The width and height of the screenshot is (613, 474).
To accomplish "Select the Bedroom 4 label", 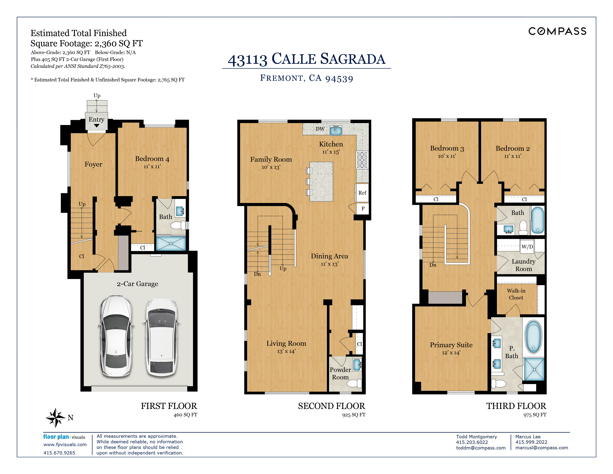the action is click(x=152, y=159).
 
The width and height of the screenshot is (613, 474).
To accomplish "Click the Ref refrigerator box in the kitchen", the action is click(x=362, y=193).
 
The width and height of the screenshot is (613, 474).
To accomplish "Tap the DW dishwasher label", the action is click(x=320, y=129).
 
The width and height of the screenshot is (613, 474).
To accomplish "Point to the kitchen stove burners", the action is click(x=362, y=160).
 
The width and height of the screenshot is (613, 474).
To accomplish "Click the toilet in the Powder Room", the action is click(x=354, y=383).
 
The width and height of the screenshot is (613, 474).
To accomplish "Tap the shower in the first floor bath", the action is click(x=171, y=243).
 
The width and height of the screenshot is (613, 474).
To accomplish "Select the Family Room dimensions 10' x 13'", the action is click(x=271, y=167).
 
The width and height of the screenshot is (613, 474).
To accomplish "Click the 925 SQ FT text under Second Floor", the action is click(x=354, y=415).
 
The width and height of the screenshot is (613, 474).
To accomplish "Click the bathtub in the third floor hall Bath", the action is click(x=538, y=220).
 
